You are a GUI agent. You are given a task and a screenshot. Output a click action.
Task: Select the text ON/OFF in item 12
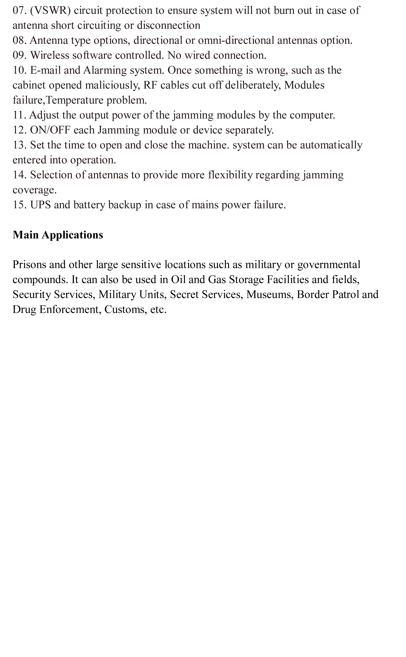click(x=50, y=130)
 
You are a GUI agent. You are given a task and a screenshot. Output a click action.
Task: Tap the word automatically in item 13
click(x=331, y=145)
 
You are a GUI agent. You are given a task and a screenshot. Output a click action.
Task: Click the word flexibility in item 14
click(x=230, y=175)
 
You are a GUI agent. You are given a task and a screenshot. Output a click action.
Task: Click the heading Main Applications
click(x=58, y=235)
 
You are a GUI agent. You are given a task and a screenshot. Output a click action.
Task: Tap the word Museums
click(x=269, y=295)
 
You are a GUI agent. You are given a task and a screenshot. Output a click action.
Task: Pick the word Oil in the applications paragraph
click(x=178, y=280)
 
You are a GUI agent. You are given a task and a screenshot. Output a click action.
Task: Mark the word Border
click(x=313, y=295)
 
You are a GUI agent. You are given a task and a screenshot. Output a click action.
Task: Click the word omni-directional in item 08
click(x=236, y=41)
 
